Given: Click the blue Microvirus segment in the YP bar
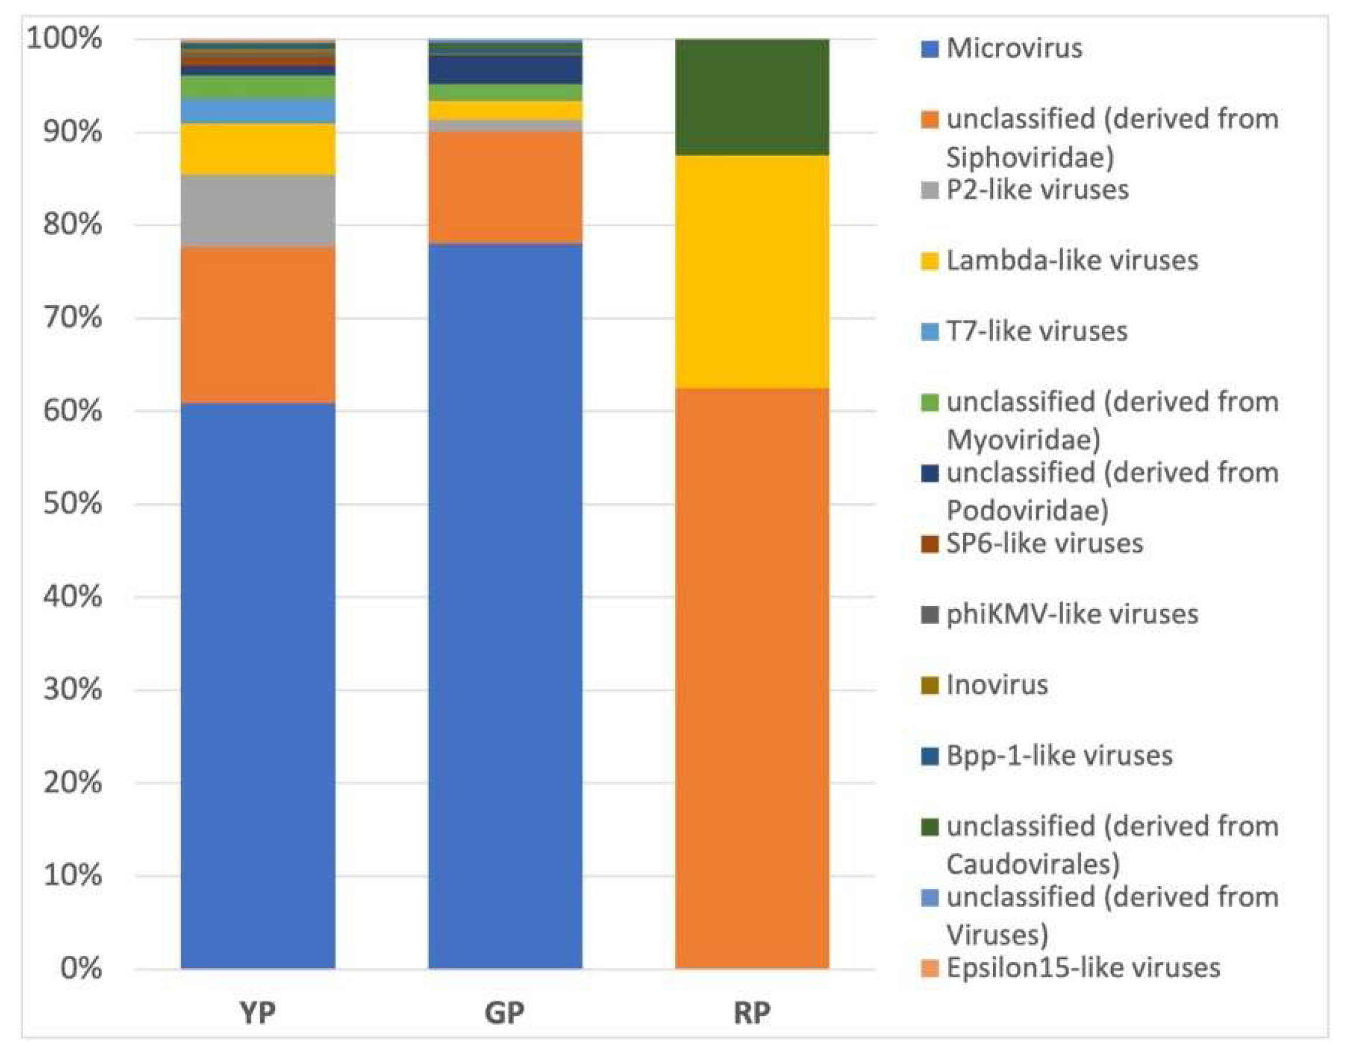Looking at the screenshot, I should click(x=258, y=686).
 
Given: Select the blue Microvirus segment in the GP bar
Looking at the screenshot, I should click(x=505, y=606).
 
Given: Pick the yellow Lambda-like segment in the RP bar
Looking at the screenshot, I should click(x=752, y=271).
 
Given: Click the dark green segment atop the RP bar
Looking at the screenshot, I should click(x=752, y=96).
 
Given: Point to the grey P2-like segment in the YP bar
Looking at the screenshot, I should click(x=258, y=210).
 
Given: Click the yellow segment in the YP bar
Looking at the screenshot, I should click(x=258, y=149).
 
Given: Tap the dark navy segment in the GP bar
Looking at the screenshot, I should click(x=505, y=70).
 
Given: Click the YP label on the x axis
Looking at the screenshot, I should click(x=257, y=1012).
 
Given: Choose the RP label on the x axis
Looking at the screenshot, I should click(x=752, y=1012).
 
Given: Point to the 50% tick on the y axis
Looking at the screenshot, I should click(x=73, y=504).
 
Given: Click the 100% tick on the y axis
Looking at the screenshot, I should click(x=65, y=40).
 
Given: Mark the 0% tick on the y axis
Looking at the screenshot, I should click(x=80, y=968).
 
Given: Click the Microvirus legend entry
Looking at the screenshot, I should click(x=1014, y=48).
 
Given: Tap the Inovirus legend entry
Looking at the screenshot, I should click(x=996, y=685).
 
